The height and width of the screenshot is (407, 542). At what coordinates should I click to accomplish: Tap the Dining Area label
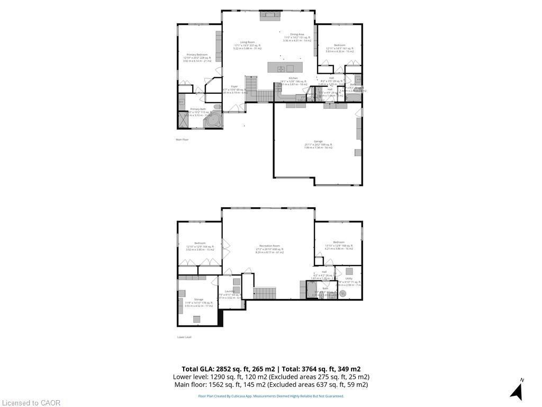click(x=293, y=34)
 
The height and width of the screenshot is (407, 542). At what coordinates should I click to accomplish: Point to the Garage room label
click(x=318, y=141)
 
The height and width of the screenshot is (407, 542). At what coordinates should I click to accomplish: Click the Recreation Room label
click(x=269, y=246)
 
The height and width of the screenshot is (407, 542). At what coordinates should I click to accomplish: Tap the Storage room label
click(x=198, y=299)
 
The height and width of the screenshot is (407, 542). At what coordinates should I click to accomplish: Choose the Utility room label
click(x=349, y=278)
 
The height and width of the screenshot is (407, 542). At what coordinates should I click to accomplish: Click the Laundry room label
click(x=230, y=291)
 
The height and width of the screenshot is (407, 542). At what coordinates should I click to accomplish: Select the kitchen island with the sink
click(x=284, y=68)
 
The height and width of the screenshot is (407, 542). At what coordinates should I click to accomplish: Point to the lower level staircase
click(x=264, y=293)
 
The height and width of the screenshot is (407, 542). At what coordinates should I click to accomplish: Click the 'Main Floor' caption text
click(x=182, y=139)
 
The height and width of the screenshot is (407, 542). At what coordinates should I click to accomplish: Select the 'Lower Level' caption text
click(x=184, y=337)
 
